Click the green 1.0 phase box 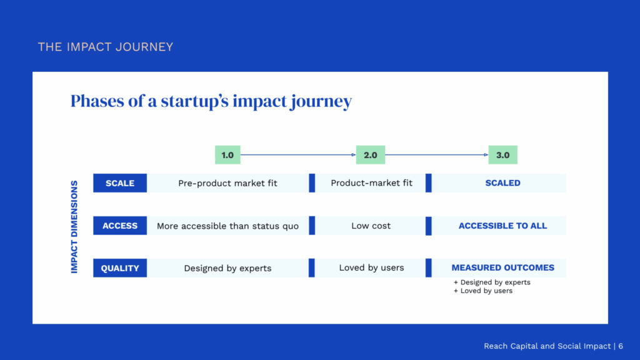coord(227,155)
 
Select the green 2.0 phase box coord(370,155)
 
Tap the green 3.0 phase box coord(502,155)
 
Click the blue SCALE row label coord(120,183)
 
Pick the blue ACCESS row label coord(120,226)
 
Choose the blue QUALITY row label coord(120,268)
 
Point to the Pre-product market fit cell coord(227,183)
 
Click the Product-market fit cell coord(371,183)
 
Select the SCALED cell coord(502,183)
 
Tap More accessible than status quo coord(227,226)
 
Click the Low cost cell coord(371,226)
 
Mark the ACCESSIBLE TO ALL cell coord(502,226)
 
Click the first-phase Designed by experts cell coord(227,268)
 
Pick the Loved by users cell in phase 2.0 coord(371,267)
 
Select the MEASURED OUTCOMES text coord(503,267)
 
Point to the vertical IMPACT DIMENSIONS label coord(74,227)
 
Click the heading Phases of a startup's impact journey coord(211,101)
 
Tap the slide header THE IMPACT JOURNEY coord(105,47)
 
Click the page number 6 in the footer coord(621,346)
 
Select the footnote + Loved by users coord(483,291)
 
